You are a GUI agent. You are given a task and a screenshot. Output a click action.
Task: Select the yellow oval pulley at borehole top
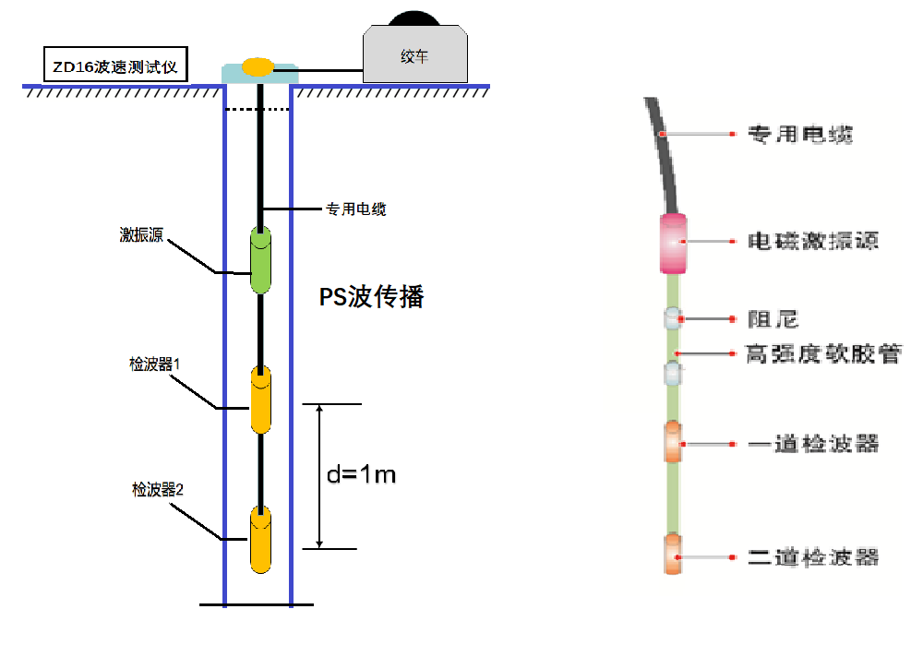(258, 66)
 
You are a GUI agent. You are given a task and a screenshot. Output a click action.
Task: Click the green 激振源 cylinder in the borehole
(261, 260)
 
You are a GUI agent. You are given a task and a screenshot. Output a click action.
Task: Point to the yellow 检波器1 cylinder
(261, 399)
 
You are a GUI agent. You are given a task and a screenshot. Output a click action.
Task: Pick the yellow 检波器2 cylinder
(261, 539)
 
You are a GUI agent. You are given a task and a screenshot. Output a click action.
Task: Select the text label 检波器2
(158, 489)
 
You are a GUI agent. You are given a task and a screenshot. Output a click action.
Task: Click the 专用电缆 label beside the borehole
(355, 209)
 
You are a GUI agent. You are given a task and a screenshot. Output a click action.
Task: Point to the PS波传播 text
(371, 297)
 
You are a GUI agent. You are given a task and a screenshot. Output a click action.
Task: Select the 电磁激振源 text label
(812, 242)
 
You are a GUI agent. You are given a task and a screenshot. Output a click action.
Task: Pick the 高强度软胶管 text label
(823, 353)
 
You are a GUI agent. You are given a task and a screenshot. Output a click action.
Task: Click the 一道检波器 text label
(812, 444)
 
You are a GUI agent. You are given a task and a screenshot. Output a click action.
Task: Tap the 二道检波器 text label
(812, 557)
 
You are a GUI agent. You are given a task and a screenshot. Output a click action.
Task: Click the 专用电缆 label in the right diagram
(799, 135)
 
